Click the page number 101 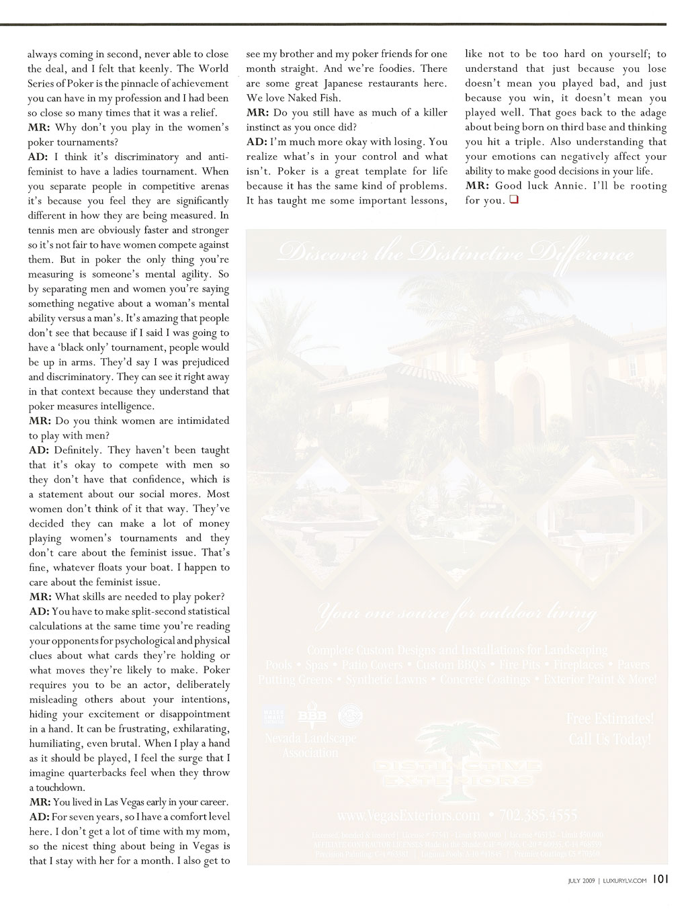tap(660, 879)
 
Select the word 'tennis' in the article tap(42, 230)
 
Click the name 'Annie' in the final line tap(569, 185)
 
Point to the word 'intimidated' tap(202, 421)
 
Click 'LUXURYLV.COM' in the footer tap(625, 880)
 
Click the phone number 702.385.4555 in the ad tap(537, 816)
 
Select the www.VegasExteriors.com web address tap(409, 816)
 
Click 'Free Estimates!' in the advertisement tap(609, 718)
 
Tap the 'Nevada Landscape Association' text tap(310, 745)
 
